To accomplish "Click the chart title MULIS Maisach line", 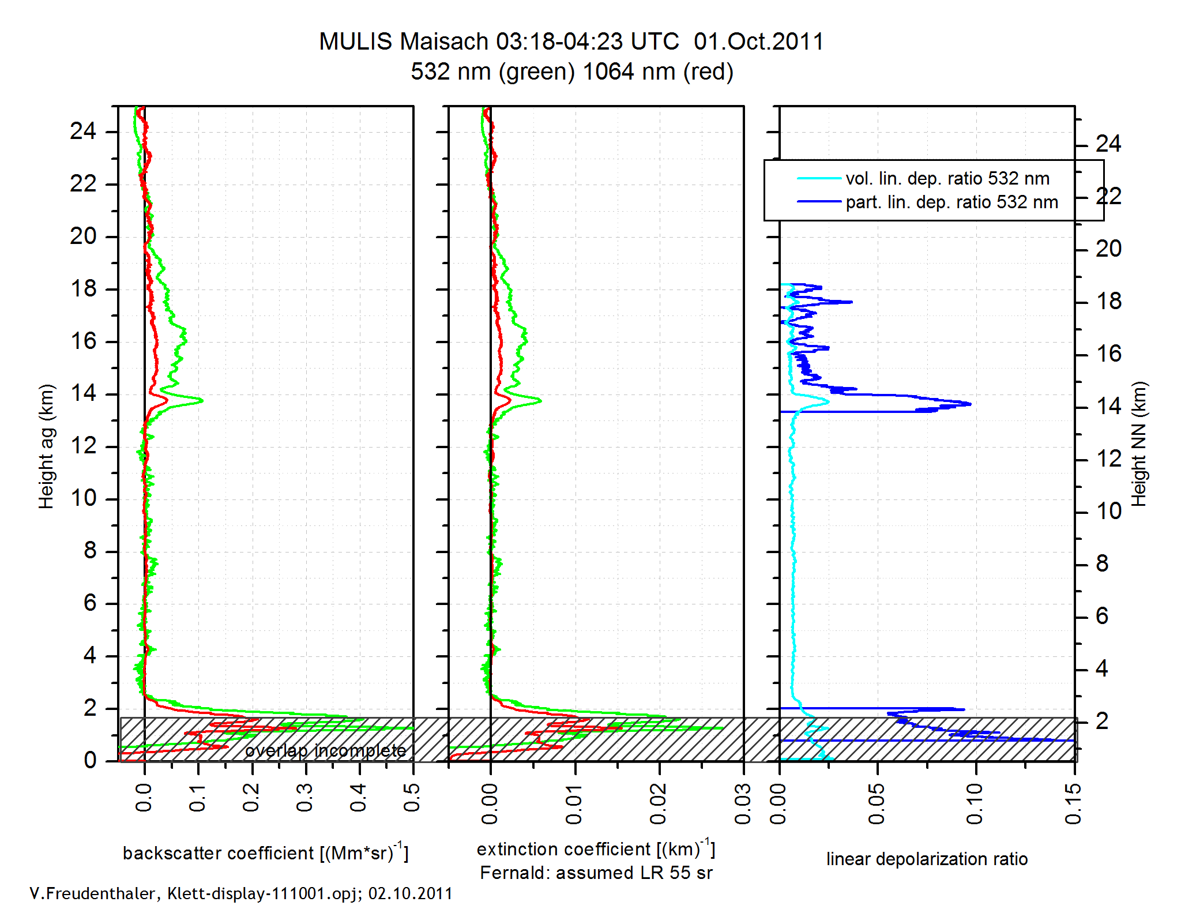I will (571, 42).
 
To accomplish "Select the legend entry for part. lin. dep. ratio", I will (951, 202).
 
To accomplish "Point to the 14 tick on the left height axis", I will (83, 394).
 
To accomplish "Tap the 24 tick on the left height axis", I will (83, 131).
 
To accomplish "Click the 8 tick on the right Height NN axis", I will (1102, 563).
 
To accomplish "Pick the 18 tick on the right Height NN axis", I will (1108, 302).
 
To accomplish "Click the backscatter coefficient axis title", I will (265, 852).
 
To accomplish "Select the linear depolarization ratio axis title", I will (927, 859).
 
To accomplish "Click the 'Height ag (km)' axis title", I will (46, 446).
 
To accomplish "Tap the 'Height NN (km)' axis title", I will (1139, 444).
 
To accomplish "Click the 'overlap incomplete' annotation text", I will (326, 750).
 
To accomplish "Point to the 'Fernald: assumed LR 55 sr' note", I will (596, 873).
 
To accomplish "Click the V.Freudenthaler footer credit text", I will (241, 893).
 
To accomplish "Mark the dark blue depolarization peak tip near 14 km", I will (971, 404).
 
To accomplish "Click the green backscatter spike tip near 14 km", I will (202, 400).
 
